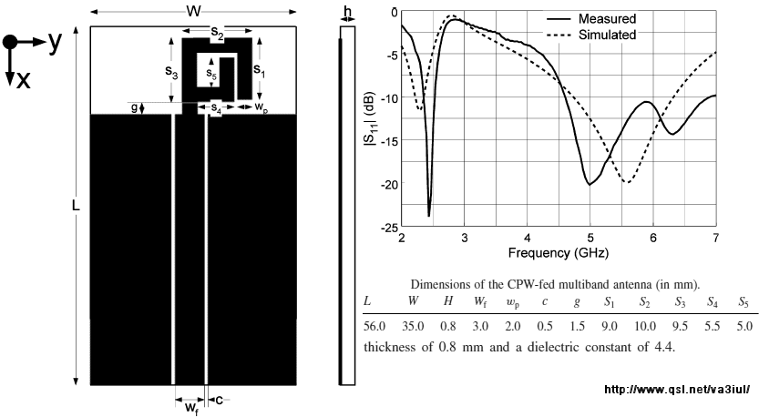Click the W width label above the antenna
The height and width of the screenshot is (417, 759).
pyautogui.click(x=193, y=12)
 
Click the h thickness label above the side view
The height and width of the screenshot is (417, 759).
pyautogui.click(x=347, y=11)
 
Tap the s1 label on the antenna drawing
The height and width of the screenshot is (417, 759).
pyautogui.click(x=259, y=68)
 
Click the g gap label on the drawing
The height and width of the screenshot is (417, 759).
pyautogui.click(x=133, y=107)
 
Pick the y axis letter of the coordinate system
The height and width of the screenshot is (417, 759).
pyautogui.click(x=55, y=42)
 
